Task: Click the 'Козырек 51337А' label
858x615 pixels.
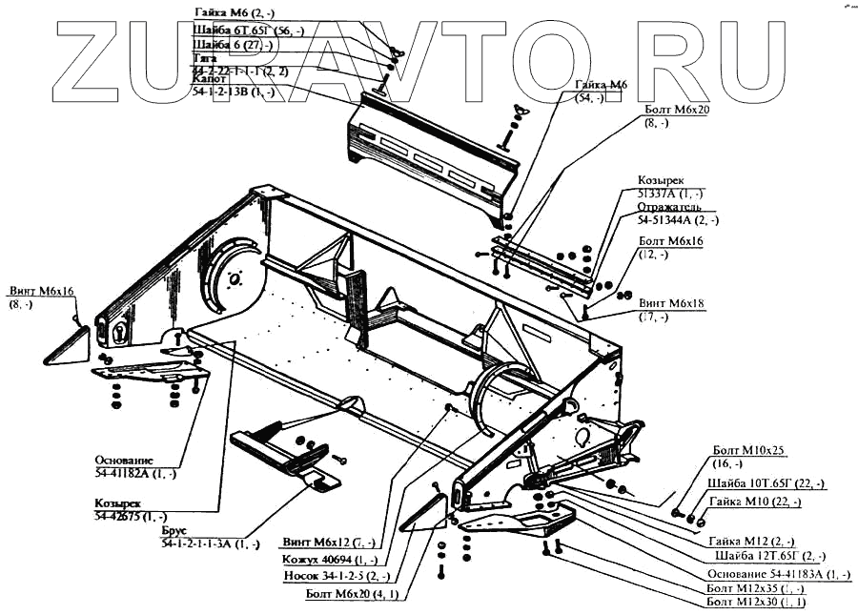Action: pos(664,187)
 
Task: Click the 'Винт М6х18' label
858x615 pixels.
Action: pos(673,308)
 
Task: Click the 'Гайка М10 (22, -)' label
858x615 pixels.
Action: pos(757,502)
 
